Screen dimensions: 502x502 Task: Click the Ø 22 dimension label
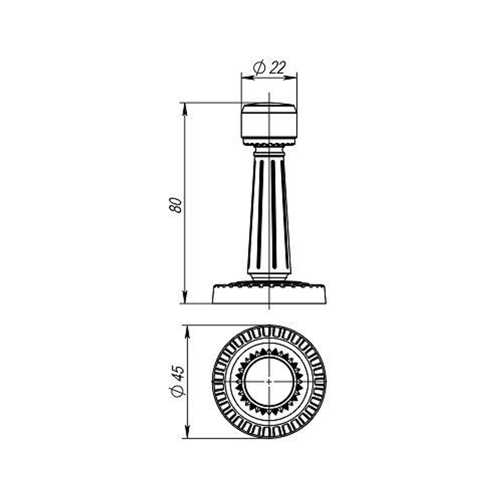[269, 67]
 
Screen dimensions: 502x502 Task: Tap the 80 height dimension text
[176, 205]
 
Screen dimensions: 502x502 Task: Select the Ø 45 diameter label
[178, 382]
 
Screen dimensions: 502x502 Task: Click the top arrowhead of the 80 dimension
[185, 107]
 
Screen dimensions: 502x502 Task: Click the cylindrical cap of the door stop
[269, 121]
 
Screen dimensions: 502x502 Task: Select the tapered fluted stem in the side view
[269, 211]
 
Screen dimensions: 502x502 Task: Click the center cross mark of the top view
[269, 382]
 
